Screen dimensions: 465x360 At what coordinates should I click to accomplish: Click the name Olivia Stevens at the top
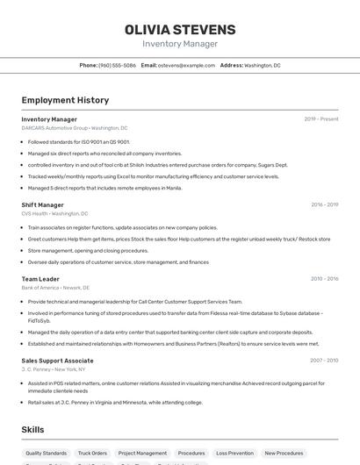coord(180,29)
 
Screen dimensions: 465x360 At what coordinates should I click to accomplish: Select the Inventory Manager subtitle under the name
coord(180,44)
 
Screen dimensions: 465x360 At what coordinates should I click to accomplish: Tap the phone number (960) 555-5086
coord(117,65)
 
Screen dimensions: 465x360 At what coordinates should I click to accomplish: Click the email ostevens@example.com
coord(186,65)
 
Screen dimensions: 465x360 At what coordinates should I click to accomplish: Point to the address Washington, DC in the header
coord(263,65)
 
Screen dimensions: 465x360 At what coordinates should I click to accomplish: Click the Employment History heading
coord(65,100)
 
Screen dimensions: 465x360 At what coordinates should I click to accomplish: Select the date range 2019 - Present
coord(321,119)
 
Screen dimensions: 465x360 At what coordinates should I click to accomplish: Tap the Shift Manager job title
coord(42,205)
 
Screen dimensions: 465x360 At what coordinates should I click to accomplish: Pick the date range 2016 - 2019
coord(324,205)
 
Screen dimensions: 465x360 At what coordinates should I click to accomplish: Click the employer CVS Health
coord(35,213)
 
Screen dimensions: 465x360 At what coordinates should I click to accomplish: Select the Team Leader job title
coord(40,279)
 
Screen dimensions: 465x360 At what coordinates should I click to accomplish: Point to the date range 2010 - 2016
coord(324,279)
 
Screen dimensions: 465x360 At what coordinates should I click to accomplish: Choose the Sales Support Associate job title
coord(57,361)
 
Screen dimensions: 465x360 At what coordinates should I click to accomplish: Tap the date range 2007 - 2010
coord(324,361)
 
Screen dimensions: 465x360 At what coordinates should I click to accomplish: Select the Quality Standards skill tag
coord(46,454)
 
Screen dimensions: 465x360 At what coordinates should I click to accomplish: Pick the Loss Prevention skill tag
coord(234,454)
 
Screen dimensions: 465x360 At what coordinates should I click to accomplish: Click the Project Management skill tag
coord(142,454)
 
